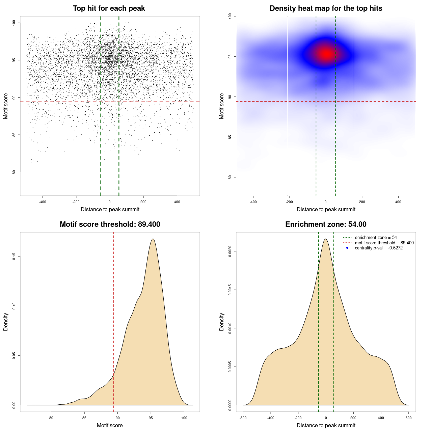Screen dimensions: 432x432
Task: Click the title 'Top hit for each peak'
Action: click(109, 8)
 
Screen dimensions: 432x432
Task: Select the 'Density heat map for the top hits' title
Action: click(326, 8)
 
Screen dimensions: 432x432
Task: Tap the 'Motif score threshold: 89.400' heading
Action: click(110, 224)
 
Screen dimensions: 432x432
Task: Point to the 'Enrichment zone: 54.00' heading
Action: click(326, 224)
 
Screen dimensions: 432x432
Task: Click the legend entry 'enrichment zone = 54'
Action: click(376, 238)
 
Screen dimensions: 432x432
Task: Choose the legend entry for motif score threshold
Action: click(384, 243)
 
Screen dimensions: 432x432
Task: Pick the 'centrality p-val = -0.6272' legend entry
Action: click(379, 248)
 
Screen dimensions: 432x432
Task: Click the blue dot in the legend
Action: click(347, 248)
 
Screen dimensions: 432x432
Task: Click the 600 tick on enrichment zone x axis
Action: click(409, 418)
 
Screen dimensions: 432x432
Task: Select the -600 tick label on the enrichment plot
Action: click(243, 418)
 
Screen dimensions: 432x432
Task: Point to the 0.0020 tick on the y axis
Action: click(230, 251)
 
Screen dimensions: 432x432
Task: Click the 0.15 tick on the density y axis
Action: click(14, 256)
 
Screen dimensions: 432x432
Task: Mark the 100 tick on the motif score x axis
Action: click(184, 418)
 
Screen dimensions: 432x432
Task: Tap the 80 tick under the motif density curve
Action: click(51, 418)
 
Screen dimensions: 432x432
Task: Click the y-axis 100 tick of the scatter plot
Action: click(14, 23)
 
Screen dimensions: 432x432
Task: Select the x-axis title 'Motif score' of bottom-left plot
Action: click(110, 425)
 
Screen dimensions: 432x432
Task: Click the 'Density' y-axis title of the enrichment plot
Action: click(222, 322)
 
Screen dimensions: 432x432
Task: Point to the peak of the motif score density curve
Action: click(153, 239)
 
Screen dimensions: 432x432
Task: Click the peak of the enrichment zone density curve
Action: click(326, 239)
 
